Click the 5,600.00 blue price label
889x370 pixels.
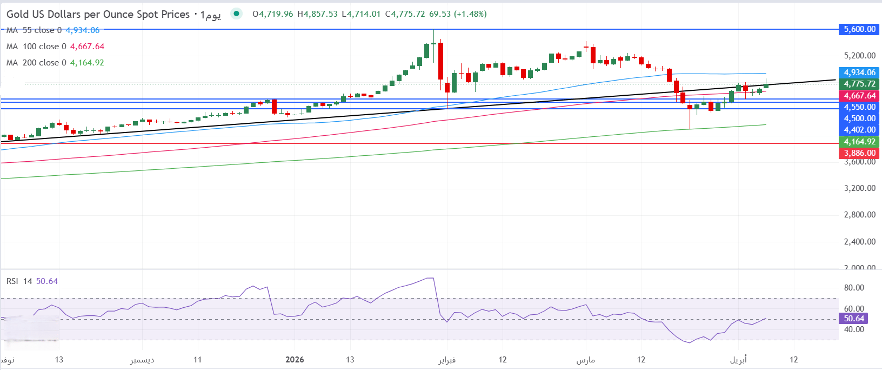[859, 29]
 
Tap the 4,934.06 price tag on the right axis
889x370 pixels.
[859, 72]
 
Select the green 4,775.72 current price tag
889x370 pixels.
[859, 84]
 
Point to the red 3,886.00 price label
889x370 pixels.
[859, 153]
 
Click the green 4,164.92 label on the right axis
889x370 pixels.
[859, 142]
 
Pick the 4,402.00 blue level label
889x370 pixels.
[859, 130]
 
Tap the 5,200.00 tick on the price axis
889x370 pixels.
[859, 56]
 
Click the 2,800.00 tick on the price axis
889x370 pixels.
[859, 215]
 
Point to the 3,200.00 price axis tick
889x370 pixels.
[859, 188]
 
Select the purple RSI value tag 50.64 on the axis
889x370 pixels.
[854, 319]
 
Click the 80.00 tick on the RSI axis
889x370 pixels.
[854, 288]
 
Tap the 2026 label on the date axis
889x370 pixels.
[295, 360]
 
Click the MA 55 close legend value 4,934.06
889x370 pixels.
[83, 30]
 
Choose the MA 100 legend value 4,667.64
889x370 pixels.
[87, 47]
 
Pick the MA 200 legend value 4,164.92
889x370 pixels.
[87, 63]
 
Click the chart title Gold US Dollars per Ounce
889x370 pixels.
[98, 15]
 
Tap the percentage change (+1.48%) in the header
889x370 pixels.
[470, 14]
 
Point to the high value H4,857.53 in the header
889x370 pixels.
[317, 14]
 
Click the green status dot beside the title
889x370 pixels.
[236, 14]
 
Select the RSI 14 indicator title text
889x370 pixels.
[19, 281]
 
